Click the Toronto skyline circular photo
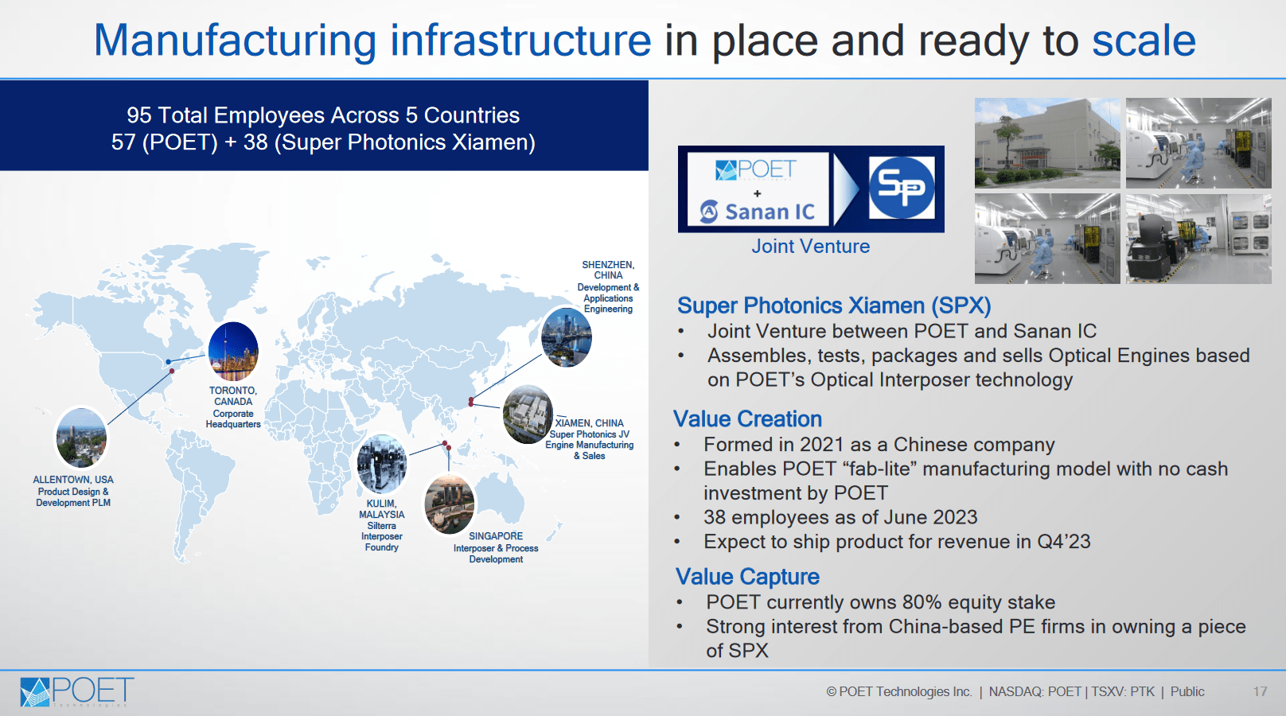(x=233, y=351)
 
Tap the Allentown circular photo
(x=81, y=438)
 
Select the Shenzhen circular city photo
(x=566, y=337)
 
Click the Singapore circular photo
(x=450, y=504)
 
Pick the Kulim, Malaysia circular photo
(x=382, y=464)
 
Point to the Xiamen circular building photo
(x=528, y=414)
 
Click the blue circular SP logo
(x=902, y=188)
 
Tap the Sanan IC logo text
(x=758, y=211)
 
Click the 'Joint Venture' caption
(x=811, y=246)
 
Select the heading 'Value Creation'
(x=747, y=418)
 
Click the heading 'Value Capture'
(x=747, y=577)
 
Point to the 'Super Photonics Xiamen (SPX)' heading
(x=834, y=305)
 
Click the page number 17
(x=1260, y=691)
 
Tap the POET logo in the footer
(x=77, y=691)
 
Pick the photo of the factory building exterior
(x=1047, y=143)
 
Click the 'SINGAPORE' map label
(x=496, y=536)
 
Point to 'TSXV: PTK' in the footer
(x=1123, y=691)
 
